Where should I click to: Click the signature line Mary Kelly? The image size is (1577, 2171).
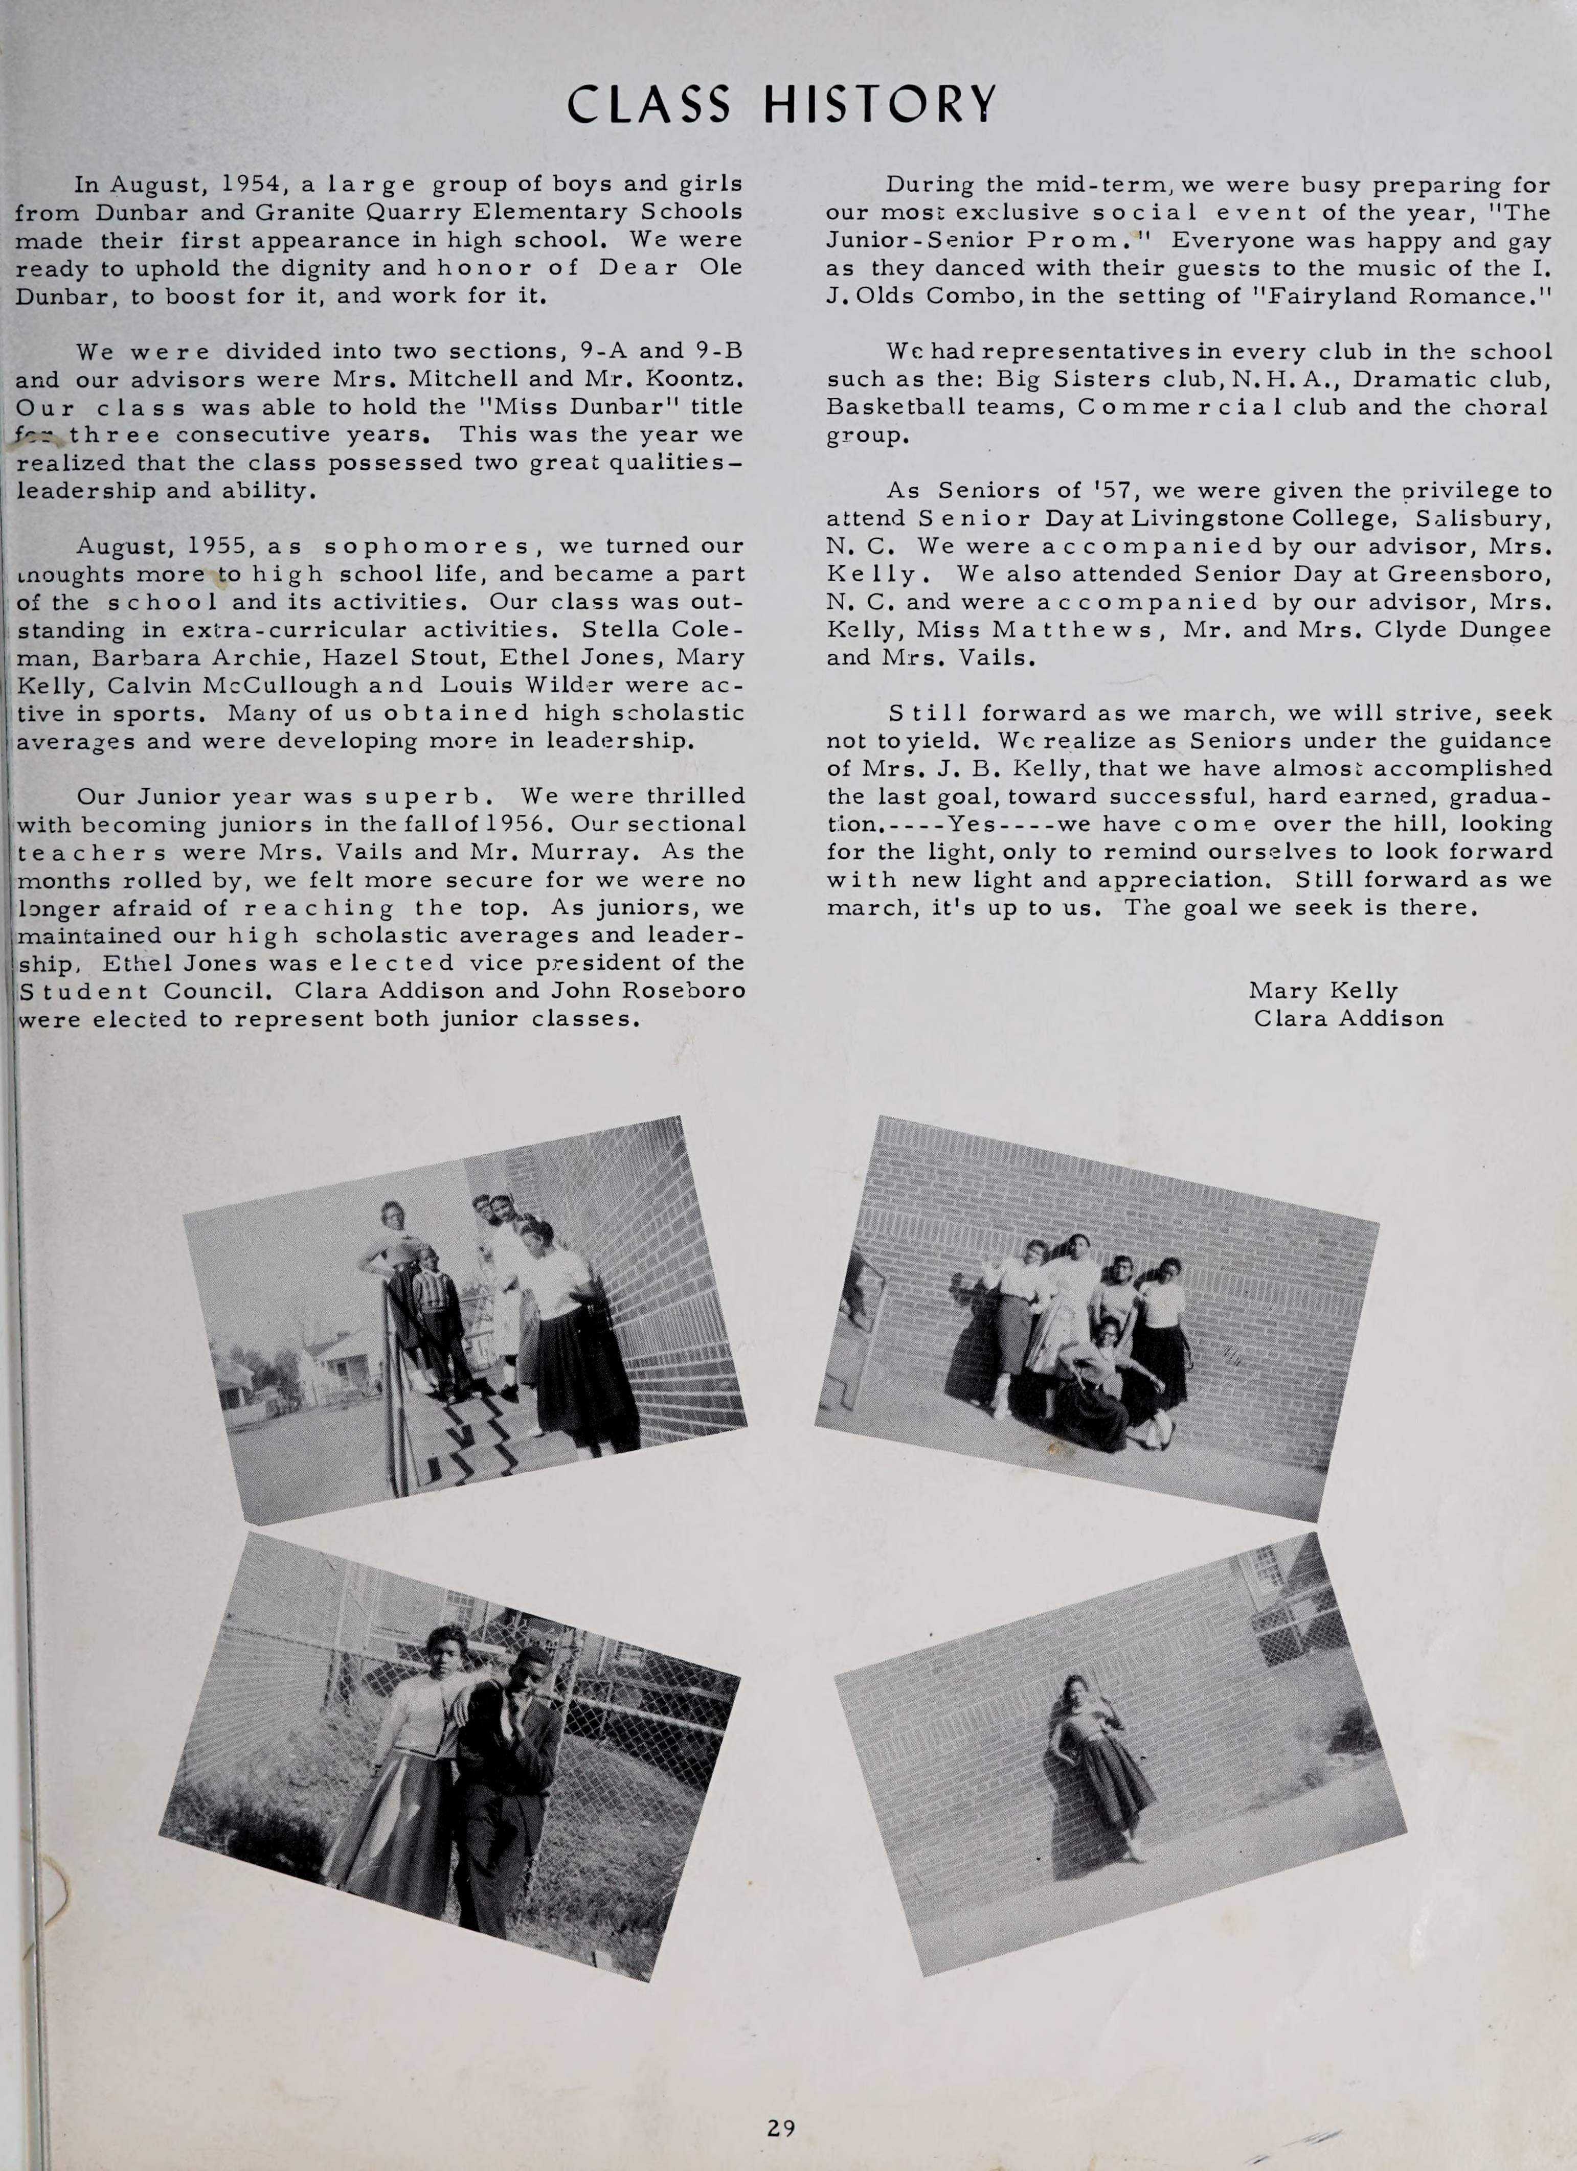coord(1323,991)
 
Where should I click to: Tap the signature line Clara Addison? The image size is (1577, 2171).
coord(1348,1018)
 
